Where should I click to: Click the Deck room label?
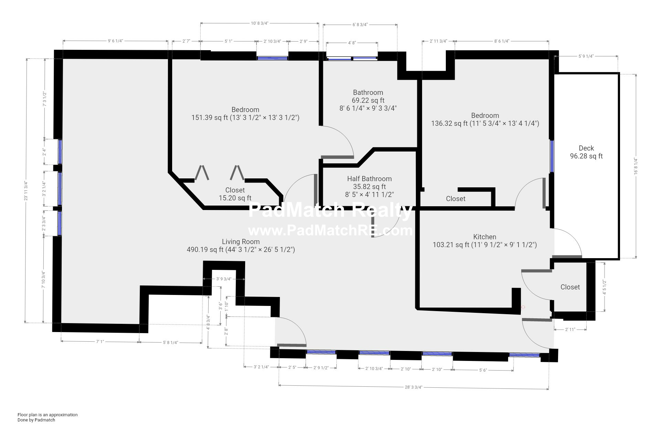pos(586,148)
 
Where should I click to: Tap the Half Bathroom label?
pos(369,179)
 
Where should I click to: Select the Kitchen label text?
pos(485,237)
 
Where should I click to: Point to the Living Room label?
pos(241,242)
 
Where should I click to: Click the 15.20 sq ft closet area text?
pos(235,198)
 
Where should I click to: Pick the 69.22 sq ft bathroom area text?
pos(368,100)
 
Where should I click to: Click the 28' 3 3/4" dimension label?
pos(413,387)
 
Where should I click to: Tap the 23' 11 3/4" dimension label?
pos(26,191)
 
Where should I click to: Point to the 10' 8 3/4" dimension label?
pos(259,23)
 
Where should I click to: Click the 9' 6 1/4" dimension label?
pos(115,41)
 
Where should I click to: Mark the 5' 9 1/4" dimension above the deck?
pos(586,56)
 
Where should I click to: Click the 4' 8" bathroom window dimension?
pos(352,43)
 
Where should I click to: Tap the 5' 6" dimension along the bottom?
pos(483,370)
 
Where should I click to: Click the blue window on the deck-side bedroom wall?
pos(552,156)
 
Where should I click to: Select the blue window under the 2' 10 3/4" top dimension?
pos(272,58)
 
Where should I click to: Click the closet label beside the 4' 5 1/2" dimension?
pos(570,287)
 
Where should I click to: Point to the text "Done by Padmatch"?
pos(36,420)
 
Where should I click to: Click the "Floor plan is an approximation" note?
pos(48,415)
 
